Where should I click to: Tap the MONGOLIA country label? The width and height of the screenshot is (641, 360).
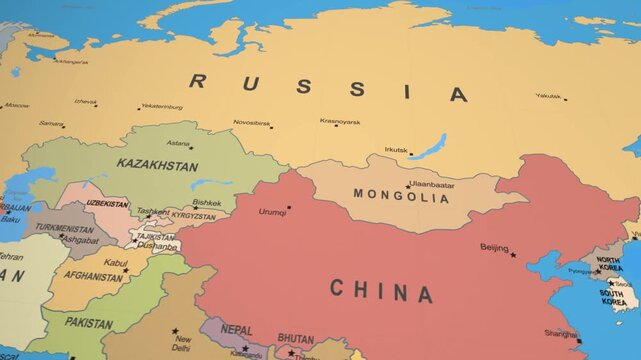tap(400, 198)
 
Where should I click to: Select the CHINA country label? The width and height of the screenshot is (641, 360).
tap(381, 291)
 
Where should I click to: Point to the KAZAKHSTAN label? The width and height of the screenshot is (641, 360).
tap(157, 164)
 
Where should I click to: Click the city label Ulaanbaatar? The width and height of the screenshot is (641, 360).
tap(432, 185)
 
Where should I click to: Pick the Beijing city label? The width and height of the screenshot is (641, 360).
tap(494, 247)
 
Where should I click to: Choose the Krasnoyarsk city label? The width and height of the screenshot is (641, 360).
tap(340, 121)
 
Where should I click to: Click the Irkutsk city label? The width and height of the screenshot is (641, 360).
tap(395, 150)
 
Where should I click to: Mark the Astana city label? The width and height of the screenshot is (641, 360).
tap(178, 143)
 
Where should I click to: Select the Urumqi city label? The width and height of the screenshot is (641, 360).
tap(272, 212)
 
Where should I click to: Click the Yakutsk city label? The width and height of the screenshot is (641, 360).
tap(547, 96)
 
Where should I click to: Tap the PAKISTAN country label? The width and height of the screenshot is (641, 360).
tap(88, 323)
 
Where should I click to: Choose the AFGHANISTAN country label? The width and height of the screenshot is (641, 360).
tap(93, 277)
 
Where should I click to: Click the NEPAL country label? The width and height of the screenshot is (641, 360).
tap(236, 330)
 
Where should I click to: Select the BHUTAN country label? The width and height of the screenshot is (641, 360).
tap(295, 339)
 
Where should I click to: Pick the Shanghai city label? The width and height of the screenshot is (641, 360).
tap(561, 334)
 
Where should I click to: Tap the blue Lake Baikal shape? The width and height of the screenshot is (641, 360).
tap(428, 147)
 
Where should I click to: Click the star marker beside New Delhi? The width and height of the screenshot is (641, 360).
tap(175, 331)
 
